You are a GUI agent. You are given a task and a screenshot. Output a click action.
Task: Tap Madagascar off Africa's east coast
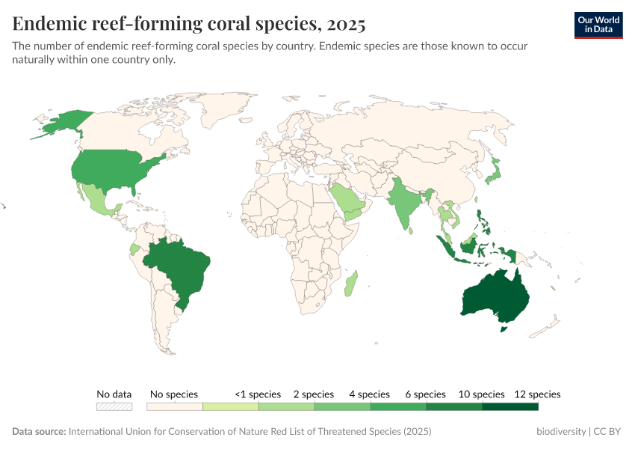350,284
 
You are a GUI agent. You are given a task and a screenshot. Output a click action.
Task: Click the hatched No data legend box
114,407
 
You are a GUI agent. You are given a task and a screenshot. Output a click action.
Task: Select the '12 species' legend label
537,394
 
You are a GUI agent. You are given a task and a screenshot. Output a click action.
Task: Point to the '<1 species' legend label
258,394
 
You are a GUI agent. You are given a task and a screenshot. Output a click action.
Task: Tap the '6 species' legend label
425,394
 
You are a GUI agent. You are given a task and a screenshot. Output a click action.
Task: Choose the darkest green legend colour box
510,407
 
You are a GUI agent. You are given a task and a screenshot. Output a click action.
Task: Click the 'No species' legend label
174,394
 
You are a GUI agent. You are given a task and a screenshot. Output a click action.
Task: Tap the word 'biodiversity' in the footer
562,432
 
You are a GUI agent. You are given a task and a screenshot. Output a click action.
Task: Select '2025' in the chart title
344,24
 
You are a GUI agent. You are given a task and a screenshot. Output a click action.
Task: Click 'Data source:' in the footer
39,432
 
